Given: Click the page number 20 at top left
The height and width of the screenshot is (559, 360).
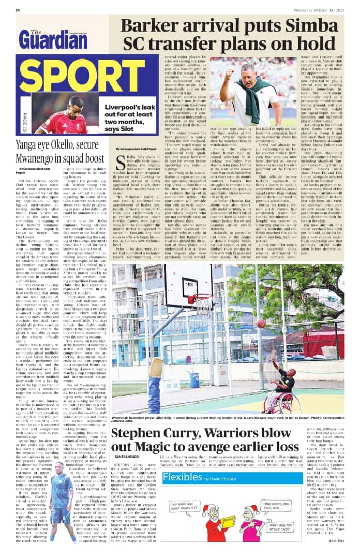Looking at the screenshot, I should (18, 10).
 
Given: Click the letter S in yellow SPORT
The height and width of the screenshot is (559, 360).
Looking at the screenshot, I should (25, 76).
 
